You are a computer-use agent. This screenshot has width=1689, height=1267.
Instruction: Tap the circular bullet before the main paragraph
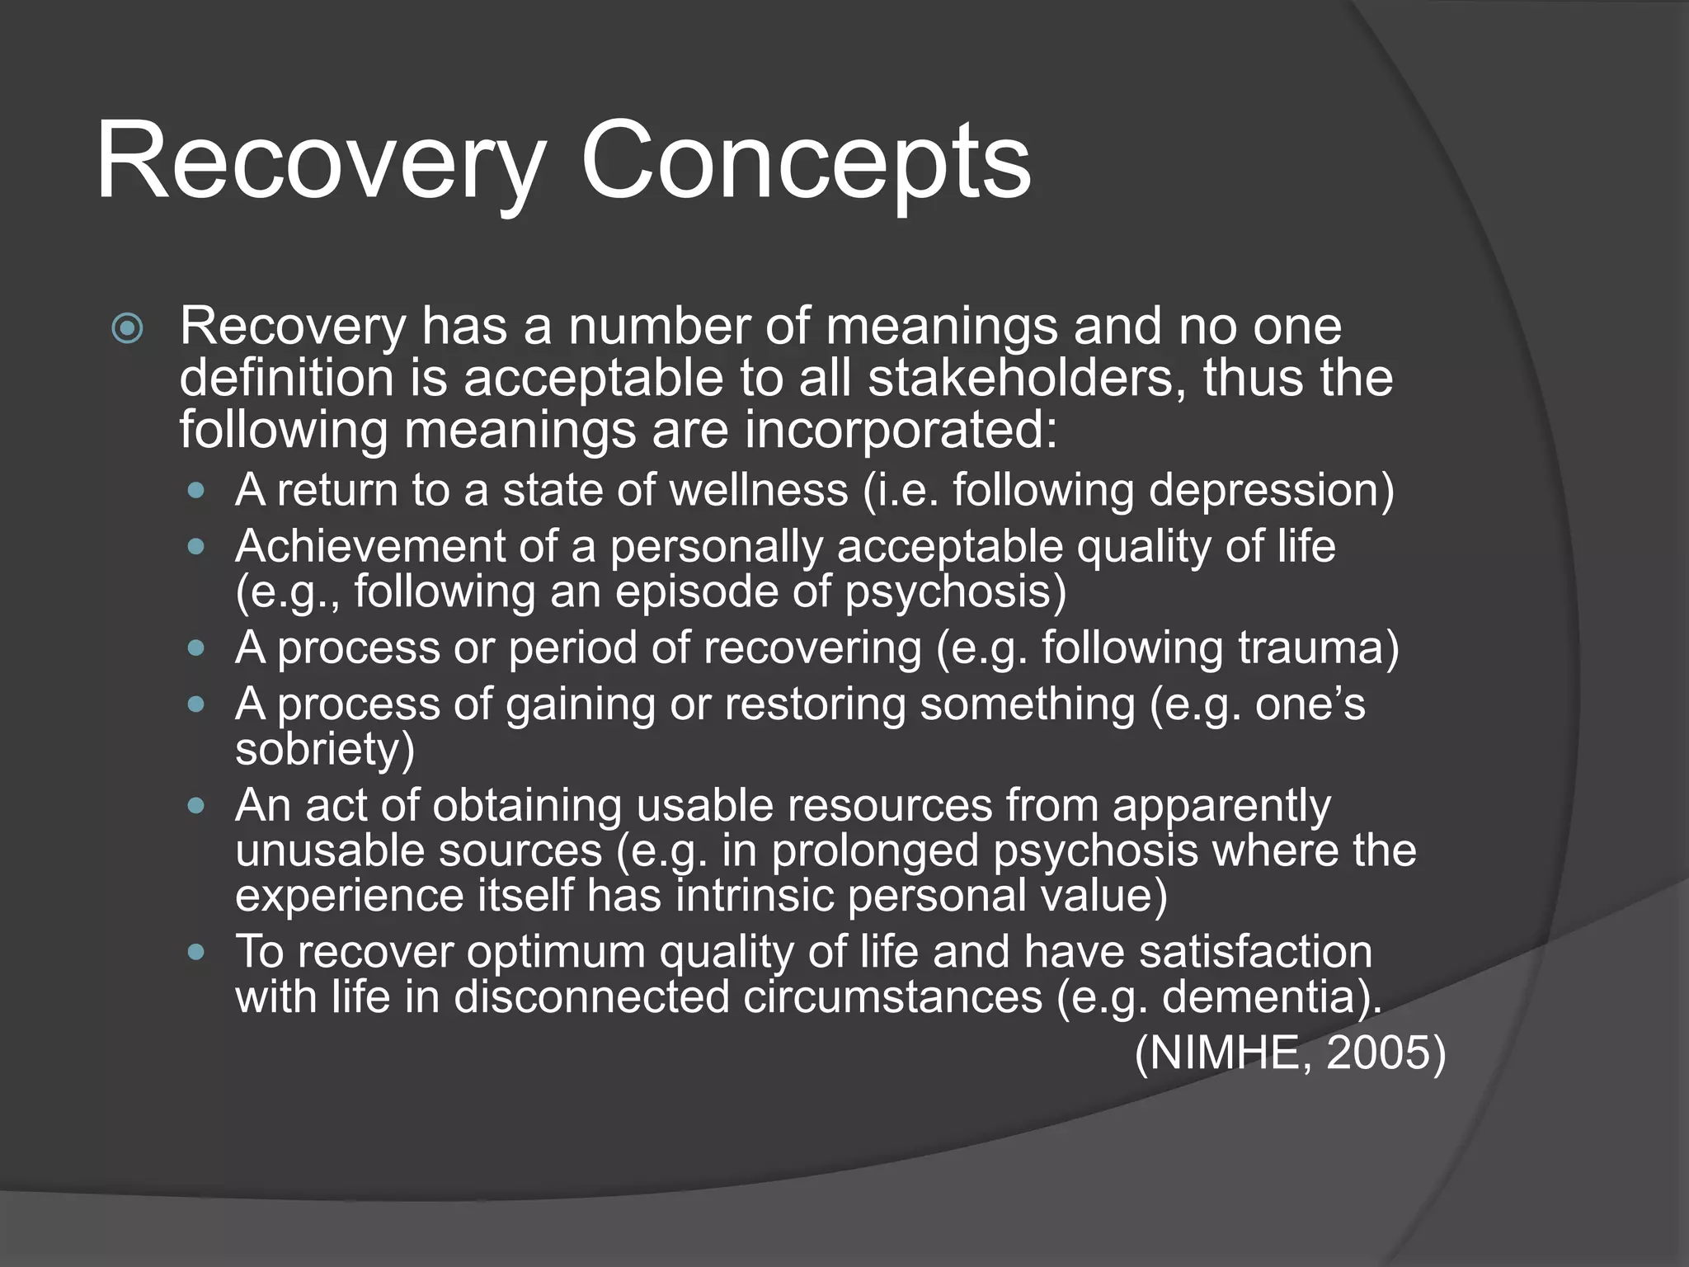tap(127, 330)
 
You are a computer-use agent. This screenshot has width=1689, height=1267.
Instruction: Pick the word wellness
tap(758, 490)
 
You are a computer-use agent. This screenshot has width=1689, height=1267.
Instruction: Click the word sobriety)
tap(325, 749)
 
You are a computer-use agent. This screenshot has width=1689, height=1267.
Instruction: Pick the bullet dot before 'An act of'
tap(195, 806)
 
